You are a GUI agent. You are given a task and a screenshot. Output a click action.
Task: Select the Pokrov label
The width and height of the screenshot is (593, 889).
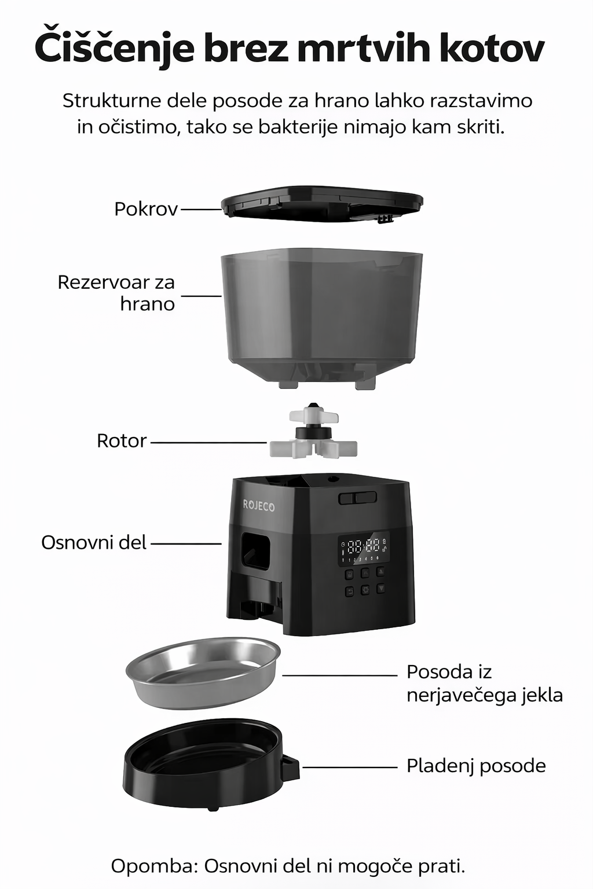click(146, 209)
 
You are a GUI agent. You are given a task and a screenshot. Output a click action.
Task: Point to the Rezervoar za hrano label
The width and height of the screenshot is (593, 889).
click(116, 293)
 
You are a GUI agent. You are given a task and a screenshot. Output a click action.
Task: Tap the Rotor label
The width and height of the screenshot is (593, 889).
click(122, 440)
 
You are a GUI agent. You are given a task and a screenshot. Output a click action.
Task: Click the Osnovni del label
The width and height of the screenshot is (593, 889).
click(94, 542)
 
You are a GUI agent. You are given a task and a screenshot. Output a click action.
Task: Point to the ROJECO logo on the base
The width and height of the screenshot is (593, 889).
click(258, 506)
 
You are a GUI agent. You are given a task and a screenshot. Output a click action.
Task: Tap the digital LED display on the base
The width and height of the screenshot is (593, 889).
click(364, 549)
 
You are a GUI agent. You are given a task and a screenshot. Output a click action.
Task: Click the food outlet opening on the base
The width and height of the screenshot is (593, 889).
click(255, 551)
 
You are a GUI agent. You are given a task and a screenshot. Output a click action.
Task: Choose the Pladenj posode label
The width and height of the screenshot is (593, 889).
click(476, 766)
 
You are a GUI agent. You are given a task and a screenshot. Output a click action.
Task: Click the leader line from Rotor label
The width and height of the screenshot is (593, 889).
click(208, 442)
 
